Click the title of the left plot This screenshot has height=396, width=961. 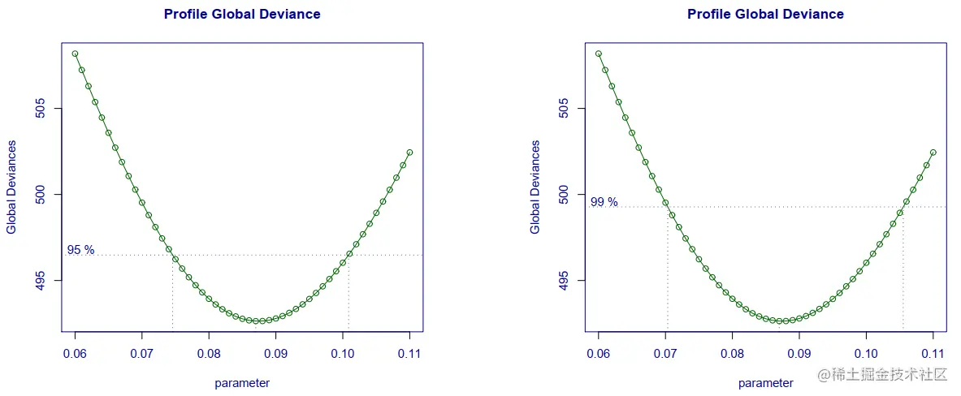(x=242, y=15)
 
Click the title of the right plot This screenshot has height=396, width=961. (x=765, y=15)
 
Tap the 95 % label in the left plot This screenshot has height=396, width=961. (x=80, y=250)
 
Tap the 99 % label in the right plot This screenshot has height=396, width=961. (x=604, y=202)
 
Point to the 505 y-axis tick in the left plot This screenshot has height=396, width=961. (x=41, y=109)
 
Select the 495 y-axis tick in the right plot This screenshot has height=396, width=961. (x=564, y=281)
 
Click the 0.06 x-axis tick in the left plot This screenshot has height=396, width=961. (x=75, y=354)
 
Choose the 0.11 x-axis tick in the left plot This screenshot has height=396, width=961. (x=409, y=354)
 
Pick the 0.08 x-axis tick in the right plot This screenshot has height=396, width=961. (x=732, y=354)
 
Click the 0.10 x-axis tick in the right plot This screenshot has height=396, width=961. (x=866, y=354)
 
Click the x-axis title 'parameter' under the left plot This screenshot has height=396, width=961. (x=242, y=383)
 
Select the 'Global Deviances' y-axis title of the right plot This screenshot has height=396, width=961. (x=535, y=187)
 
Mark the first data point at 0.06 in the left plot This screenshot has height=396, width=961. (x=75, y=54)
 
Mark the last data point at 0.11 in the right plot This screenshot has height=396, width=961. (x=933, y=152)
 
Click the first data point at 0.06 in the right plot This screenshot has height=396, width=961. (x=599, y=54)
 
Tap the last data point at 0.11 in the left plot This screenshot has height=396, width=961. (x=409, y=152)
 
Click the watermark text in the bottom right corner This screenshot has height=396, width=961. (x=882, y=374)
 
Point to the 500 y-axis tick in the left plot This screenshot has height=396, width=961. (x=41, y=195)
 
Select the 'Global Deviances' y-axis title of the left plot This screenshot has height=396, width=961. (x=12, y=187)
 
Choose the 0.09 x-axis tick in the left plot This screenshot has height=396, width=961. (x=275, y=354)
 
